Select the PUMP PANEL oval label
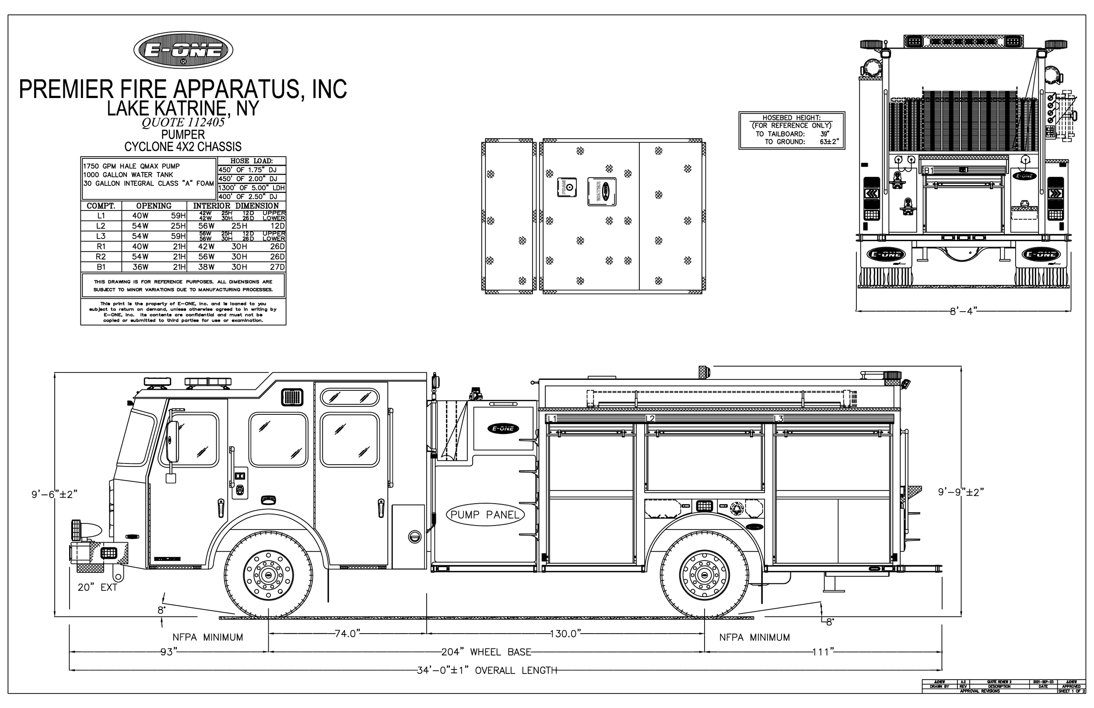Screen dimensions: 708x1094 [x=485, y=515]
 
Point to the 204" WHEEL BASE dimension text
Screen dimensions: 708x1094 [x=486, y=652]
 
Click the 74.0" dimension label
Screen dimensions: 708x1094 [x=346, y=634]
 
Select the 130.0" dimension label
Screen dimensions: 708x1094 [x=565, y=634]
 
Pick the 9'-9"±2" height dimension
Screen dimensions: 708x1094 [x=961, y=492]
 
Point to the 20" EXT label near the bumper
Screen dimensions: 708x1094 [x=98, y=588]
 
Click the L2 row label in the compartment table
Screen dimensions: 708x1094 [x=101, y=226]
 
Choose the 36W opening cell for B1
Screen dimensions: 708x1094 [x=140, y=267]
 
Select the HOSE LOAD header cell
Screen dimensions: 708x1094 [x=252, y=161]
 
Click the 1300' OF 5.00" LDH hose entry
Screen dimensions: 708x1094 [x=252, y=188]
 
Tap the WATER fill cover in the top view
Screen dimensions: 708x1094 [x=601, y=191]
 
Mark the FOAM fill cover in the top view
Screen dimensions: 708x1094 [x=567, y=187]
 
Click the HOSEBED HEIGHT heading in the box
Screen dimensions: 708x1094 [x=792, y=118]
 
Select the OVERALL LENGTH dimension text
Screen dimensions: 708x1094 [x=487, y=670]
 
